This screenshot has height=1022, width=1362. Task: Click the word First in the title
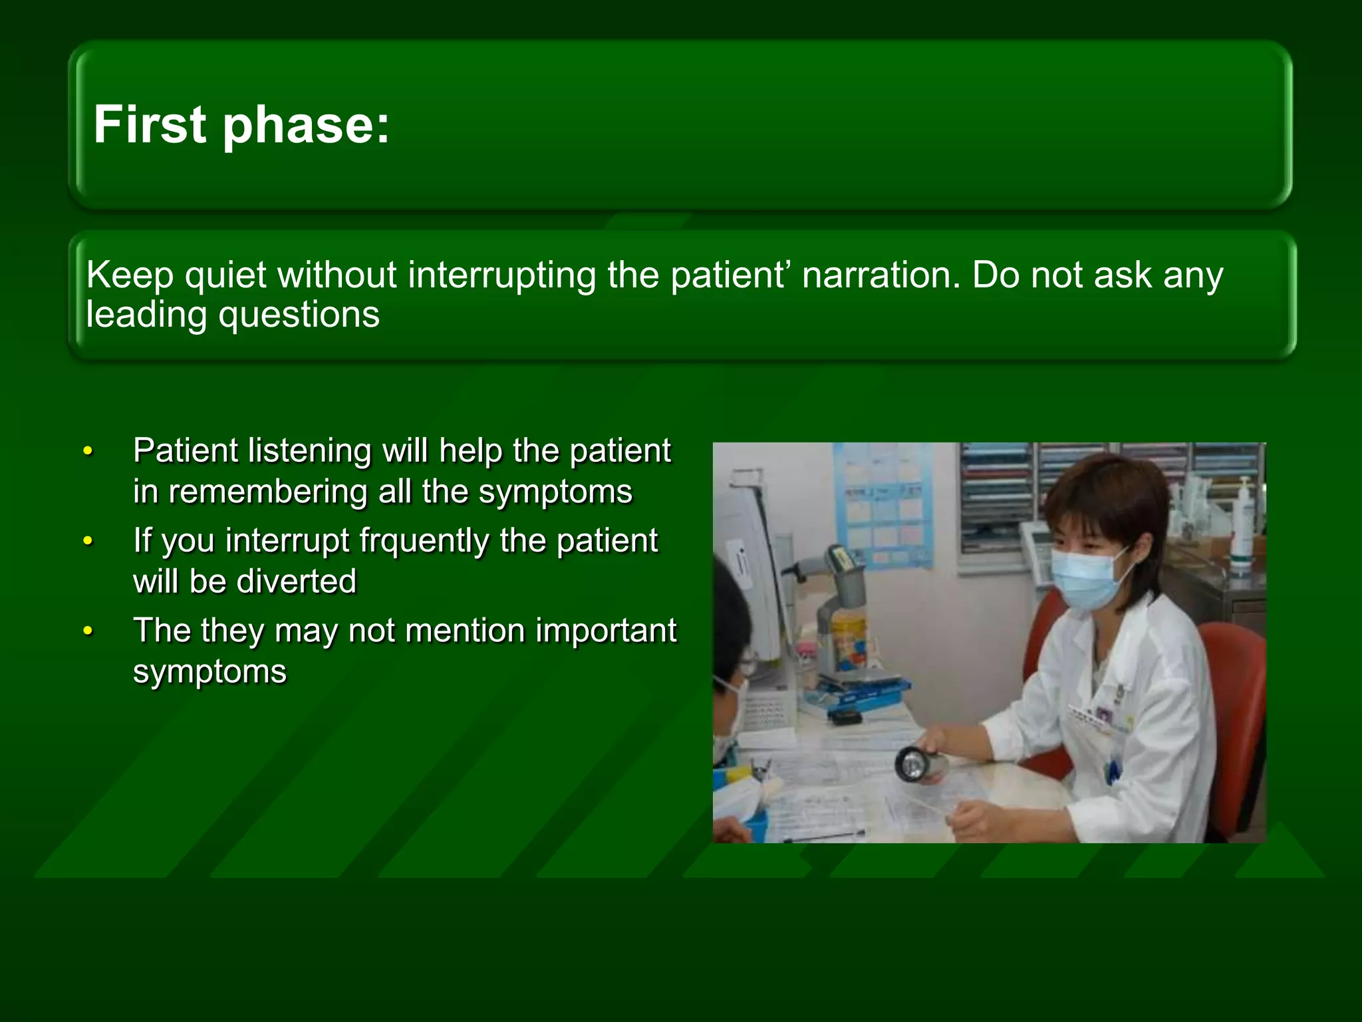pyautogui.click(x=150, y=124)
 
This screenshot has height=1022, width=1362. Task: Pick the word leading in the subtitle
pyautogui.click(x=146, y=315)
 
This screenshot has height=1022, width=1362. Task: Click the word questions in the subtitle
pyautogui.click(x=299, y=315)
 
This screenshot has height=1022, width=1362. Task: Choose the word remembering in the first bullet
pyautogui.click(x=268, y=492)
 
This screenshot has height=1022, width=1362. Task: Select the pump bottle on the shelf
pyautogui.click(x=1242, y=526)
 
